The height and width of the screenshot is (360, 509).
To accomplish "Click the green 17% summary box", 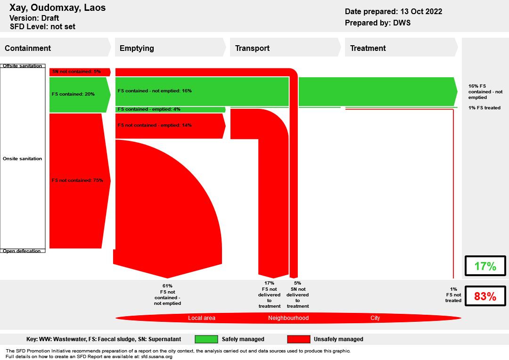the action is (485, 266).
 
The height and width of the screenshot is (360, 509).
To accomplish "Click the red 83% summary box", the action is (485, 296).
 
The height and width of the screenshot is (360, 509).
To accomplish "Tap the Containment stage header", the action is (28, 48).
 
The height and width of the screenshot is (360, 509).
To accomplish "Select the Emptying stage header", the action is (137, 48).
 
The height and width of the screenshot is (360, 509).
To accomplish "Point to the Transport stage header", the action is (252, 48).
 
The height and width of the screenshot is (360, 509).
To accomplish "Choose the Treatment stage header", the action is (368, 48).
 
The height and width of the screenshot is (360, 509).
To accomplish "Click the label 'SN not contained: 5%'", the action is (76, 72).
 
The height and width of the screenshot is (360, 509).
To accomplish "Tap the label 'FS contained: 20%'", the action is (73, 94).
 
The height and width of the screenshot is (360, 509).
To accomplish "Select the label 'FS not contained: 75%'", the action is (77, 180).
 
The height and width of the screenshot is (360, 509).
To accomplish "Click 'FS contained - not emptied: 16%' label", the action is (155, 91).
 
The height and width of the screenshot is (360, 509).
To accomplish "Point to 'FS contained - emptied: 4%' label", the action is (149, 109).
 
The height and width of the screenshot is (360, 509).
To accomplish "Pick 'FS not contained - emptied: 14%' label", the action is (155, 125).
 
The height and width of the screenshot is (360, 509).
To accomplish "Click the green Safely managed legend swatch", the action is (206, 339).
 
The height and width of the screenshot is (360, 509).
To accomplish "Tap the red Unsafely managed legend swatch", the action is (299, 339).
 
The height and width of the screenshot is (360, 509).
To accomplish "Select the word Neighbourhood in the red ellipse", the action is (288, 318).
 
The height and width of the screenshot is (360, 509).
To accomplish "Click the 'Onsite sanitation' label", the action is (23, 159).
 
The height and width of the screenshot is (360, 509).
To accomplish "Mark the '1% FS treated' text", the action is (484, 108).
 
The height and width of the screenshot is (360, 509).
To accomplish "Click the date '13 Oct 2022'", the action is (421, 11).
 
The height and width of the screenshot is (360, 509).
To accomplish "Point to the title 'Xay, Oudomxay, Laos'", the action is (57, 8).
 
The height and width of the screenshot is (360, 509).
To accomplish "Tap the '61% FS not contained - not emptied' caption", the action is (167, 295).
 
